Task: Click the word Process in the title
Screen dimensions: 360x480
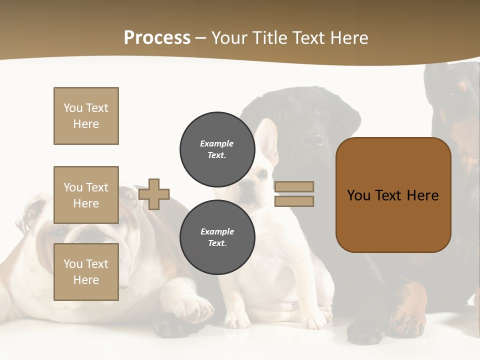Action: tap(157, 38)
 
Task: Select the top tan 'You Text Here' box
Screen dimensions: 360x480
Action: tap(86, 116)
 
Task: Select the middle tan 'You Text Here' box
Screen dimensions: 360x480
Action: tap(86, 195)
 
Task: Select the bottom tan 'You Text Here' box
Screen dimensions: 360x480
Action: tap(86, 272)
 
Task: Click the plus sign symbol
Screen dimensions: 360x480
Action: tap(154, 194)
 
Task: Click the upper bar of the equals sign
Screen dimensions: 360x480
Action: tap(294, 186)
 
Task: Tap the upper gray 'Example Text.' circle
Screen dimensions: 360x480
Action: tap(217, 149)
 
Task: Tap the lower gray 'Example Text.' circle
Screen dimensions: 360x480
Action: tap(217, 237)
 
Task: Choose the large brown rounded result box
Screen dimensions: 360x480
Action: tap(393, 195)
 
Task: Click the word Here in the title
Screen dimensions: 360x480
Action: tap(349, 38)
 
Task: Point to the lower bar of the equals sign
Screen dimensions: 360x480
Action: tap(294, 201)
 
